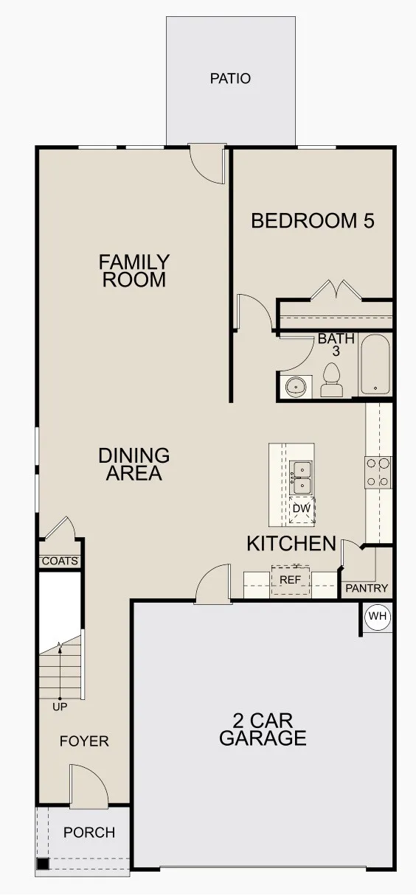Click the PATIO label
[231, 78]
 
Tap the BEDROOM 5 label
[313, 221]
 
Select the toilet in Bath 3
[331, 379]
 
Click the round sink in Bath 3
[296, 387]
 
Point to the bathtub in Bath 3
[375, 365]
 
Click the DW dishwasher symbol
[302, 509]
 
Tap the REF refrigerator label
[291, 580]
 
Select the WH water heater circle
[378, 616]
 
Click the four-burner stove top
[378, 472]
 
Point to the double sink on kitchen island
[301, 477]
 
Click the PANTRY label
[367, 588]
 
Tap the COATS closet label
[60, 561]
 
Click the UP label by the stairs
[60, 707]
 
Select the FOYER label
[84, 741]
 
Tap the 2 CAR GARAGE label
[263, 729]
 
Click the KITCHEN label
[291, 544]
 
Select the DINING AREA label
[134, 464]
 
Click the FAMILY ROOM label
[134, 271]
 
